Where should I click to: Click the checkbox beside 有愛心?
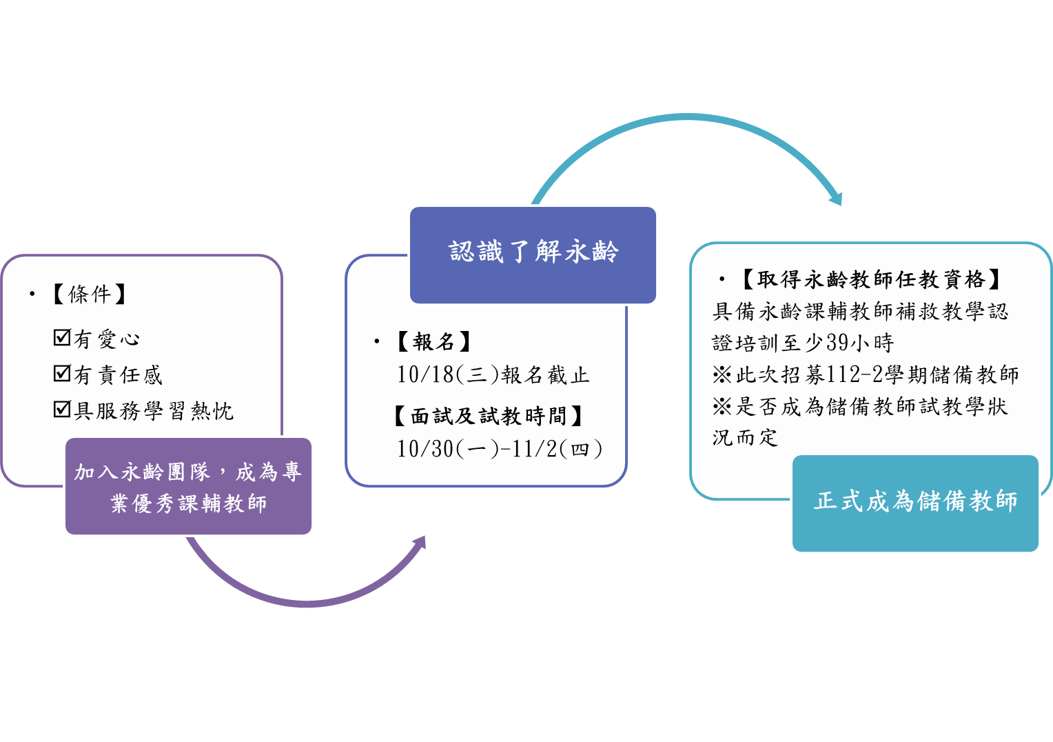62,337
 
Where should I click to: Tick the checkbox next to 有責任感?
62,373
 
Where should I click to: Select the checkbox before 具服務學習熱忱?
62,409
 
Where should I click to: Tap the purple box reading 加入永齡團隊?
188,486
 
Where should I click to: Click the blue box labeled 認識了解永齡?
533,255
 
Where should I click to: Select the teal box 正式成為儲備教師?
915,503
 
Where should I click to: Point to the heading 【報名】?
433,341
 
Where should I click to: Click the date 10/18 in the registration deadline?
425,375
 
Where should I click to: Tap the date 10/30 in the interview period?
425,449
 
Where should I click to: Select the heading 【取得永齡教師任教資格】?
870,279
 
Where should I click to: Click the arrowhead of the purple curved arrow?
420,543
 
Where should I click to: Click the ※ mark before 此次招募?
722,375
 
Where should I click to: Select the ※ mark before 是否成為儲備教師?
722,407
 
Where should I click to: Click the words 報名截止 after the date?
545,375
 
